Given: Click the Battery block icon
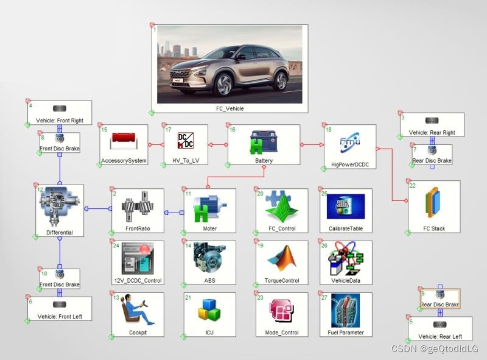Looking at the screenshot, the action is (x=264, y=143).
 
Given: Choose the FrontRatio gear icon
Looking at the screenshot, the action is (x=137, y=207).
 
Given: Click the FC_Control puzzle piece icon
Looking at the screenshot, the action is (x=281, y=207).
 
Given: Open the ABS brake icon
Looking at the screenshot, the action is (x=209, y=258).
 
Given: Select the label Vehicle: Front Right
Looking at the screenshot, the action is (x=60, y=121).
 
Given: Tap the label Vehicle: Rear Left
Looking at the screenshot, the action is (x=440, y=336).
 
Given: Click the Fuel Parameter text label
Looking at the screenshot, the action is (x=345, y=332).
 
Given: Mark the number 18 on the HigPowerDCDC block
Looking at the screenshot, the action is (x=329, y=130).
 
